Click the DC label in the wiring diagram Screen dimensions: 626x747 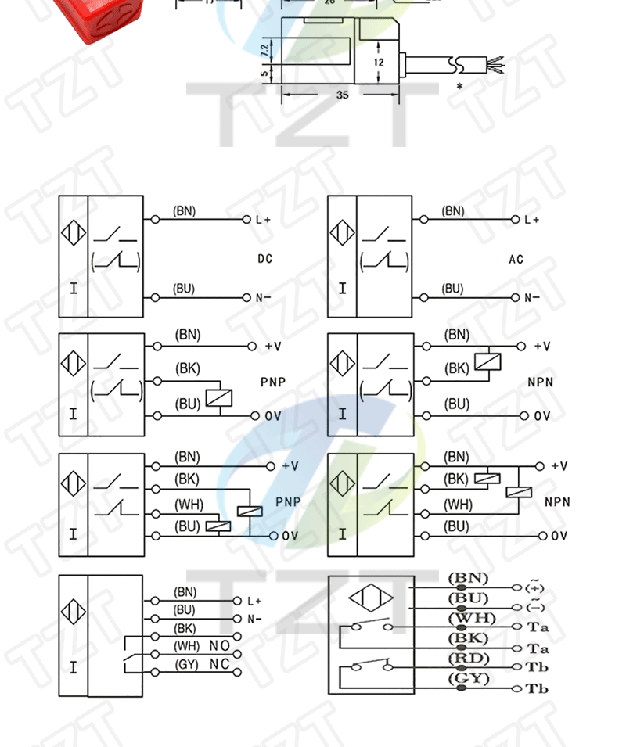(x=265, y=259)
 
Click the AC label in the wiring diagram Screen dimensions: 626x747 (x=516, y=260)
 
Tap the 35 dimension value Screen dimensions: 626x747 (x=342, y=95)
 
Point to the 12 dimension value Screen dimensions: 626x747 (x=379, y=62)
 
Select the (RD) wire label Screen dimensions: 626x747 (x=468, y=659)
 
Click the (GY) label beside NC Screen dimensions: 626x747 (x=186, y=664)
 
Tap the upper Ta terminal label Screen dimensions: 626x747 (x=538, y=627)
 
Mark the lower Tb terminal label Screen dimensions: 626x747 (x=538, y=689)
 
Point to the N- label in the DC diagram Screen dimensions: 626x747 (x=263, y=298)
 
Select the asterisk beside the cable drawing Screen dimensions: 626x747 (x=459, y=86)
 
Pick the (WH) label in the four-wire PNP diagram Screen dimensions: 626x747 (x=188, y=505)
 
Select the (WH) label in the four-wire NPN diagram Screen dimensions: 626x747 (x=459, y=505)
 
